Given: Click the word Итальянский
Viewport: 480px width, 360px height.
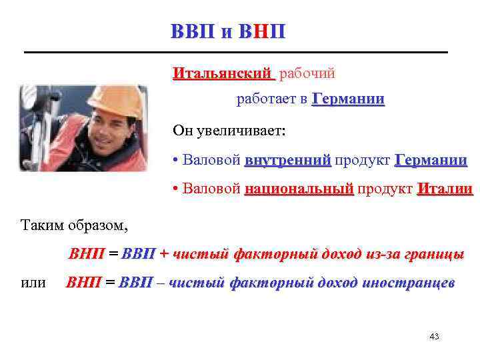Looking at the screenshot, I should tap(223, 72).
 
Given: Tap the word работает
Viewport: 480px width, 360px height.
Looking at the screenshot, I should tap(267, 99).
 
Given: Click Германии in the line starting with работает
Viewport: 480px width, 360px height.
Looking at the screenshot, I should tap(348, 99).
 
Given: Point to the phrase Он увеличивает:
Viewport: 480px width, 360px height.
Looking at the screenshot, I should tap(229, 130).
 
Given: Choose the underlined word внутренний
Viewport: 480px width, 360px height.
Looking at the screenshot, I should tap(287, 161).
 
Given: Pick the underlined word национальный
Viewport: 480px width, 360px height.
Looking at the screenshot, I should tap(299, 189).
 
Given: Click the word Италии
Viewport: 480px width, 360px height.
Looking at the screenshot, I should tap(445, 189).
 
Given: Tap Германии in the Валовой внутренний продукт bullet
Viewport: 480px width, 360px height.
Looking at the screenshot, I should tap(431, 161).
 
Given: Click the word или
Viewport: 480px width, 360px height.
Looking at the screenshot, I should tap(34, 283).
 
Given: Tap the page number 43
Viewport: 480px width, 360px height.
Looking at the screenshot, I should tap(434, 337).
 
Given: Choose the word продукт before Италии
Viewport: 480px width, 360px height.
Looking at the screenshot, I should tap(384, 189).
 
